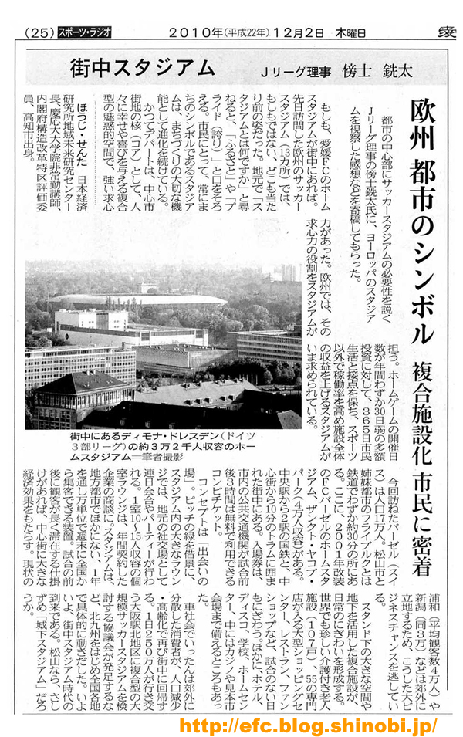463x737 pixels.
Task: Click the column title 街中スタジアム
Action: coord(142,68)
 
